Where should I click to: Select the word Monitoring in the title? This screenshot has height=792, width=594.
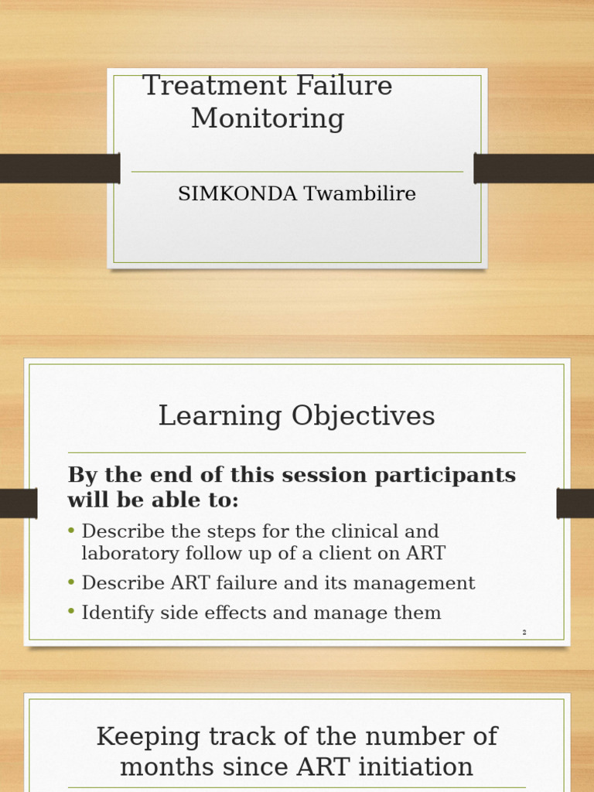[268, 119]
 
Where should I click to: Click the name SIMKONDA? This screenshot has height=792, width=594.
[237, 194]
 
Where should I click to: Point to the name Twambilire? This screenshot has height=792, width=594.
[360, 194]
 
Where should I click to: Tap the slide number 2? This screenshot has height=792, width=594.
[524, 633]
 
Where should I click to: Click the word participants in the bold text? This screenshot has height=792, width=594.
[445, 475]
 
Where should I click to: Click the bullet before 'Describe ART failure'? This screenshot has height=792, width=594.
[72, 582]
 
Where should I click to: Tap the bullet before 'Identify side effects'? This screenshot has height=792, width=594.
[72, 612]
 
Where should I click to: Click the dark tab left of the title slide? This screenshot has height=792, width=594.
[60, 169]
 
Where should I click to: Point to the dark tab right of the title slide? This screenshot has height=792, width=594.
[534, 169]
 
